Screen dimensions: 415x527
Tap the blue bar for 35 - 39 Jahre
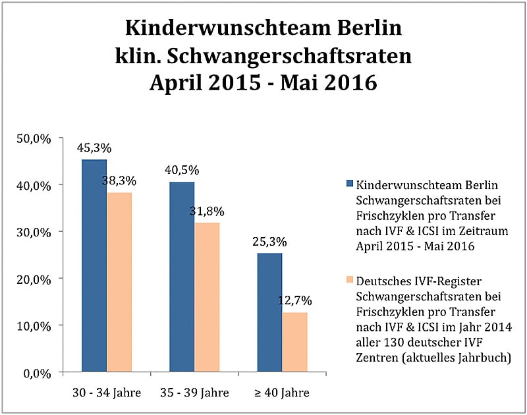182,277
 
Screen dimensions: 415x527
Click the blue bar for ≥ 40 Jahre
269,312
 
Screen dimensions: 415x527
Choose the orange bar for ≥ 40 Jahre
294,342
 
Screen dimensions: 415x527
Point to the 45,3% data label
94,148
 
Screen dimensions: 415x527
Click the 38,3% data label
119,180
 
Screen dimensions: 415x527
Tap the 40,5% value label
182,170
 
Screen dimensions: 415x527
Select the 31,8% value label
207,211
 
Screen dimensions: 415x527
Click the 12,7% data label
294,300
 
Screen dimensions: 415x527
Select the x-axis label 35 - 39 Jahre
194,393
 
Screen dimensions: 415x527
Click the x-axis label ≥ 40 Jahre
282,393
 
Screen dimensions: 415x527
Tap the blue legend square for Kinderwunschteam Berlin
349,183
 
